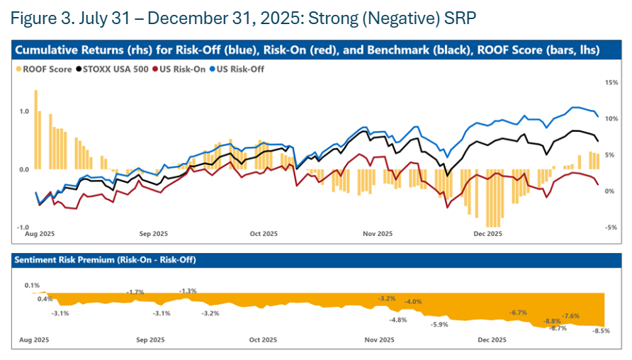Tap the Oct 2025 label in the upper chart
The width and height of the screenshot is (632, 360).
click(x=262, y=233)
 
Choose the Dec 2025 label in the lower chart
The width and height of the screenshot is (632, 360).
click(x=492, y=340)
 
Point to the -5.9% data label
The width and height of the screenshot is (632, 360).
click(x=439, y=325)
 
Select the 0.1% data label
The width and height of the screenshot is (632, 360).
click(x=32, y=286)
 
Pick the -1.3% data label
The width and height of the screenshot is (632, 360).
click(x=188, y=291)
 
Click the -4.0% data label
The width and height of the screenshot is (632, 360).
click(x=413, y=302)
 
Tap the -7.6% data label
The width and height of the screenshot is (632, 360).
click(x=570, y=316)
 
